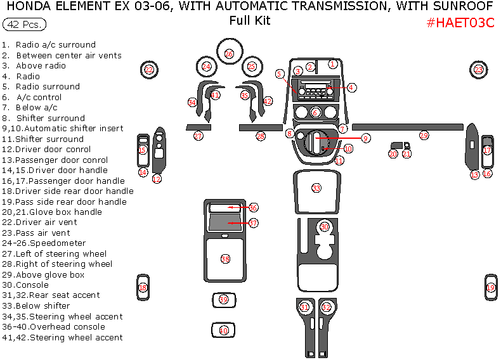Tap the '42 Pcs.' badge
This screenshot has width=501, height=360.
click(24, 25)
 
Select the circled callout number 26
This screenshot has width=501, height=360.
click(229, 54)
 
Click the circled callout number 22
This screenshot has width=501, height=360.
click(149, 70)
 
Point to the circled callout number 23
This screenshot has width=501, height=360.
click(479, 70)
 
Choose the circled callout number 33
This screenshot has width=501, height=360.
click(316, 188)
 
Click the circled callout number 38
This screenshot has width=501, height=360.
click(225, 259)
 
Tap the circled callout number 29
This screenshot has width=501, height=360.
click(424, 136)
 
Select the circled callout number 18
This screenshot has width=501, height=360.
click(143, 288)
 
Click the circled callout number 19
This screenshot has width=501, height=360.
click(490, 288)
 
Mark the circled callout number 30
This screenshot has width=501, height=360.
click(325, 227)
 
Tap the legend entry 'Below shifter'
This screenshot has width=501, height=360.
click(43, 305)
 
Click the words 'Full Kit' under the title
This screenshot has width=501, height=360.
click(250, 21)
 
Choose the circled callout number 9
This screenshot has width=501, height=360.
click(366, 138)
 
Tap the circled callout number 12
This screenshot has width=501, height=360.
click(157, 179)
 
